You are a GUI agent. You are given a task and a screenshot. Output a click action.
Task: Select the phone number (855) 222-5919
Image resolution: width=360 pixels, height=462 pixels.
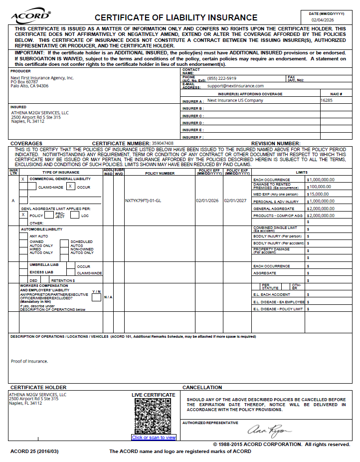(222, 78)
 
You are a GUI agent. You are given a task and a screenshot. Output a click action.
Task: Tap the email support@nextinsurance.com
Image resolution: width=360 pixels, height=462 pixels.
(236, 86)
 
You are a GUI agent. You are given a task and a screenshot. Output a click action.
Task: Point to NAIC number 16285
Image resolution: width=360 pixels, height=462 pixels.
(327, 100)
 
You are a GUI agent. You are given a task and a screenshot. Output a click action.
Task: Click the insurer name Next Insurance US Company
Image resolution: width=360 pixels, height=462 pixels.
(235, 100)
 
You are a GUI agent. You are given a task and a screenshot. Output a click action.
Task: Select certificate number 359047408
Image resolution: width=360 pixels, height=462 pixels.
(163, 143)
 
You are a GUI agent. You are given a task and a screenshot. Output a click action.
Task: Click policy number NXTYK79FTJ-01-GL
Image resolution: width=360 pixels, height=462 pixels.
(143, 201)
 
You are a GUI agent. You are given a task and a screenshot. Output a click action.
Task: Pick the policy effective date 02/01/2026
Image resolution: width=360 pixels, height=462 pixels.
(207, 201)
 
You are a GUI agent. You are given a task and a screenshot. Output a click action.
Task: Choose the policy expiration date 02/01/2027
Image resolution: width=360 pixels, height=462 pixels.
(235, 201)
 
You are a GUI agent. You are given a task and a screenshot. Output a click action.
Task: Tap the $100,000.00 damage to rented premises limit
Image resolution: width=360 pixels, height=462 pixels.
(320, 186)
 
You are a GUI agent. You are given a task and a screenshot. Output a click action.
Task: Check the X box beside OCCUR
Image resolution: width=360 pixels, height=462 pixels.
(71, 186)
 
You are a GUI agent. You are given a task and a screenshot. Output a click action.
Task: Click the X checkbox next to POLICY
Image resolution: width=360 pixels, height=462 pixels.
(23, 215)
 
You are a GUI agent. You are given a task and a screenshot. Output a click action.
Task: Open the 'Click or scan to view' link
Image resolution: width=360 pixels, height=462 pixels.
(154, 438)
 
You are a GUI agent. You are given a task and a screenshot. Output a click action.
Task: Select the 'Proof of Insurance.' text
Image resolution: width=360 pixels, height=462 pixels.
(29, 361)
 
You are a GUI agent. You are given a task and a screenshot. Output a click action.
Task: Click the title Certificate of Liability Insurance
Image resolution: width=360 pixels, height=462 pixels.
(176, 17)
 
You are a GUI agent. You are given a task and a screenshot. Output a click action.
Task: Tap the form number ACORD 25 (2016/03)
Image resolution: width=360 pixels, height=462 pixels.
(34, 452)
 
